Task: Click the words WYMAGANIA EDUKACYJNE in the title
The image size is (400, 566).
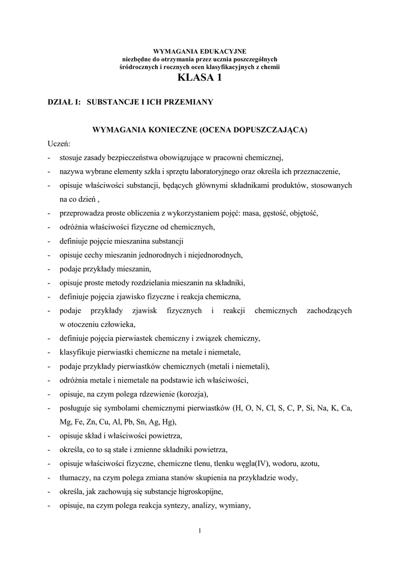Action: pyautogui.click(x=200, y=51)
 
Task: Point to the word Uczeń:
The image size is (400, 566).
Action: pyautogui.click(x=59, y=144)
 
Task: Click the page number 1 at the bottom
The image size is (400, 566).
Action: pyautogui.click(x=200, y=532)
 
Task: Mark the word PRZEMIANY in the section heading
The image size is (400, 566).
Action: pyautogui.click(x=188, y=102)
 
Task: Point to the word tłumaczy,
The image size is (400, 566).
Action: pyautogui.click(x=77, y=477)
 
